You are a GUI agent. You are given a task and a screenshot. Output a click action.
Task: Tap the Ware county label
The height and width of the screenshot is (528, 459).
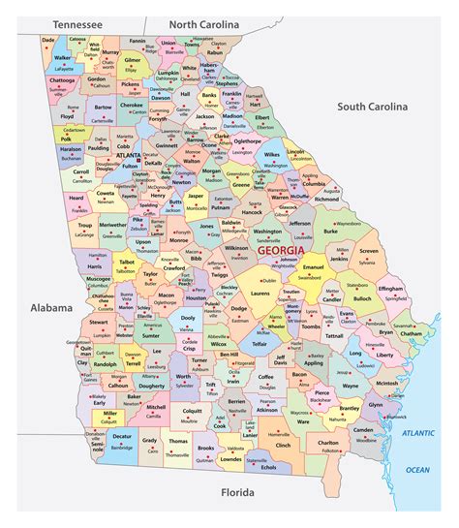[x=303, y=421]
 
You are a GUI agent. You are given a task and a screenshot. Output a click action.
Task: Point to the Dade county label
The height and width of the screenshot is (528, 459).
[x=48, y=40]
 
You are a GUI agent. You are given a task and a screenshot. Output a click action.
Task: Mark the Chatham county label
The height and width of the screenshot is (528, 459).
[x=412, y=333]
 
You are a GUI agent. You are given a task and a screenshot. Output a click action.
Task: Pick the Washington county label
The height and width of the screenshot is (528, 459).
[x=267, y=232]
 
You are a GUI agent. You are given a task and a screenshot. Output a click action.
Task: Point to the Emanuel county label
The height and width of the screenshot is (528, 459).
[x=313, y=267]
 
